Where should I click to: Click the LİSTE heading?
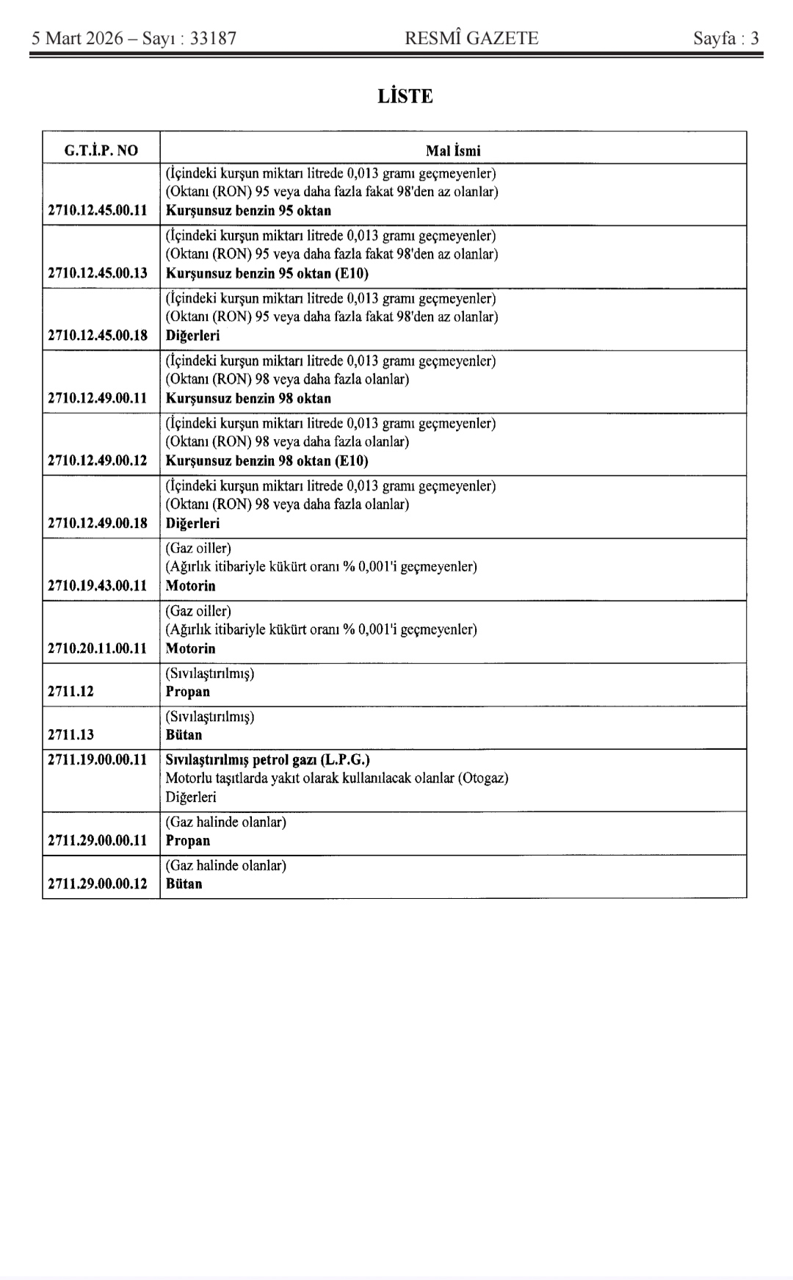tap(405, 96)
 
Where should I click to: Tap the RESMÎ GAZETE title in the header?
tap(471, 38)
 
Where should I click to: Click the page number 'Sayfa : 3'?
tap(725, 38)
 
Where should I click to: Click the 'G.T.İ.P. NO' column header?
tap(101, 151)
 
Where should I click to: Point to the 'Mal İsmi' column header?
tap(453, 151)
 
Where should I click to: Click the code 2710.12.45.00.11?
tap(98, 211)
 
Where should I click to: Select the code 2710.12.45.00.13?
tap(98, 273)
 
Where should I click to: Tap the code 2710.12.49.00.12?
tap(98, 460)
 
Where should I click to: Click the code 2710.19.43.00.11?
tap(98, 585)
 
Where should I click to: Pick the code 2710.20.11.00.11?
tap(98, 648)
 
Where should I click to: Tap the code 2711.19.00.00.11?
tap(98, 759)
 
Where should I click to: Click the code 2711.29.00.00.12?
tap(98, 883)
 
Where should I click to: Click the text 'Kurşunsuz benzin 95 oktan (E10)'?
tap(267, 273)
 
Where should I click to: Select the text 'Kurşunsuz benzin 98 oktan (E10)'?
tap(267, 460)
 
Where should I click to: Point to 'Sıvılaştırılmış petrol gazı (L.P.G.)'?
tap(267, 759)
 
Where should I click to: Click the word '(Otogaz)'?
tap(483, 778)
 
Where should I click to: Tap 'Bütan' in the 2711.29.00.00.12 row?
tap(184, 883)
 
